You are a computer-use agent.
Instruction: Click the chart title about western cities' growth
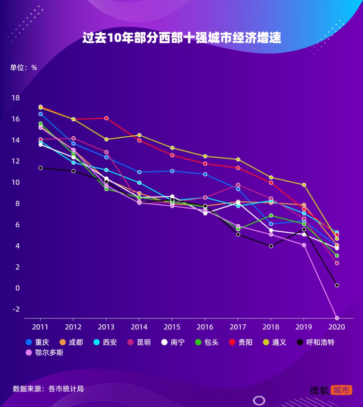[x=182, y=38]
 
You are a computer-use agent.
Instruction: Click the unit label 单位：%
[x=23, y=67]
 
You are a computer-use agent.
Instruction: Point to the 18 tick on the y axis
[x=16, y=98]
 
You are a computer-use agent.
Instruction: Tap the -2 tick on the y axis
[x=16, y=309]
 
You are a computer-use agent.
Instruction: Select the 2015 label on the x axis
[x=172, y=327]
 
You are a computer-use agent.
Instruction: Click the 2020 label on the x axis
[x=337, y=327]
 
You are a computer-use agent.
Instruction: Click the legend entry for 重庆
[x=38, y=342]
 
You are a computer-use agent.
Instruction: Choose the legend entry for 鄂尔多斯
[x=45, y=353]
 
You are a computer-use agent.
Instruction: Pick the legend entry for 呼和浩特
[x=316, y=342]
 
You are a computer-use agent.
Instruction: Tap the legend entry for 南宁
[x=173, y=342]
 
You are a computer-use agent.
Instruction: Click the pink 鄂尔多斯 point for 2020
[x=337, y=318]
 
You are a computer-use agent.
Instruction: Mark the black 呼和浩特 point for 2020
[x=337, y=285]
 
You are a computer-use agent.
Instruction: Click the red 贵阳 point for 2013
[x=106, y=118]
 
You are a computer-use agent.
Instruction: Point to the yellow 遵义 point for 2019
[x=304, y=185]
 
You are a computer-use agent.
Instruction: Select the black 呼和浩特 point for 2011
[x=40, y=168]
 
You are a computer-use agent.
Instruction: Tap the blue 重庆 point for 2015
[x=172, y=171]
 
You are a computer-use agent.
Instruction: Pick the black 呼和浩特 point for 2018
[x=271, y=246]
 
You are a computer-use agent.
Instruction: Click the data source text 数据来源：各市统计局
[x=48, y=389]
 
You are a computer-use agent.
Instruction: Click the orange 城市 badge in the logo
[x=341, y=390]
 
